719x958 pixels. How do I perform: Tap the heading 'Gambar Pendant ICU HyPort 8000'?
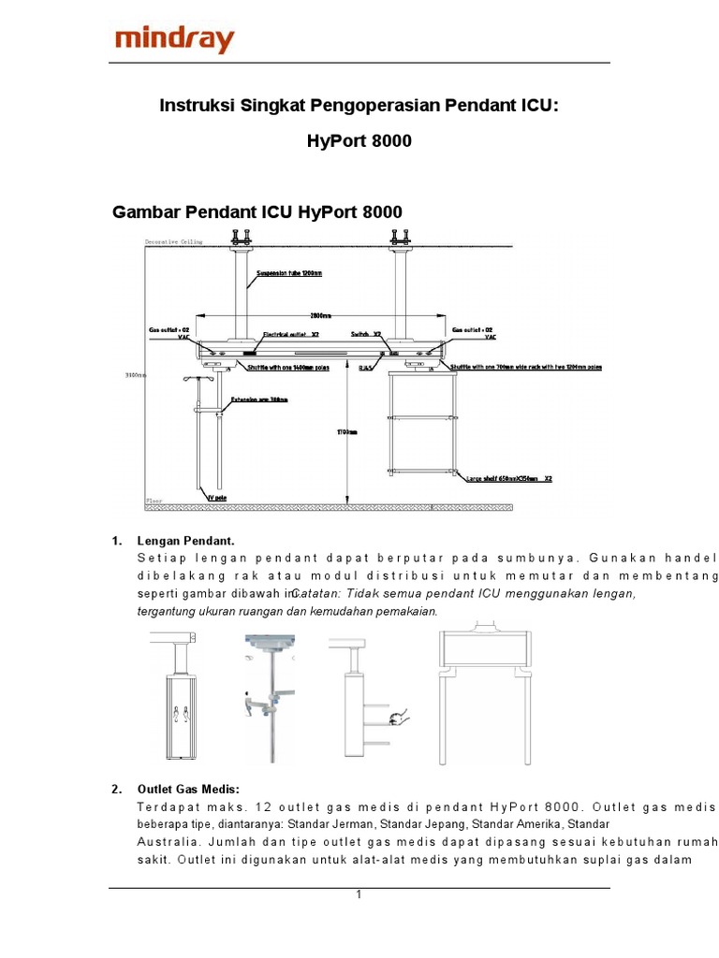point(257,212)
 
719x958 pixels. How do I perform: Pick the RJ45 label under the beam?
point(366,369)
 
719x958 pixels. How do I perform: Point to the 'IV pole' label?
point(216,498)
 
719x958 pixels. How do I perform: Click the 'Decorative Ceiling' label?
point(173,242)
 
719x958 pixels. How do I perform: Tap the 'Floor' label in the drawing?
point(154,501)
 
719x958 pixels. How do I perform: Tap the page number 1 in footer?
point(359,894)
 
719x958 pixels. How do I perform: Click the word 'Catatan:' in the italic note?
point(315,594)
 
